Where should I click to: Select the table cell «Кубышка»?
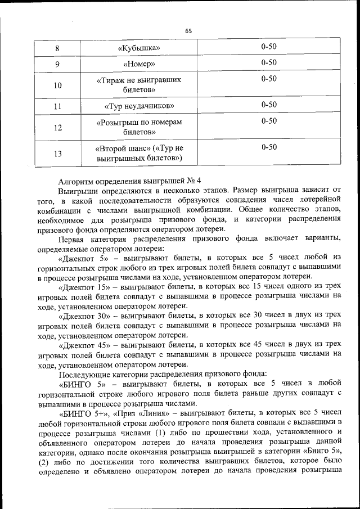[139, 47]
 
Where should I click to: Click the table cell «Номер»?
[139, 64]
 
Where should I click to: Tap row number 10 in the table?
[58, 85]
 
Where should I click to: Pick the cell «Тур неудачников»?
[139, 106]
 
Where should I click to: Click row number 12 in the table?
[58, 127]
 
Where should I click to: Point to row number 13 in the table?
[58, 153]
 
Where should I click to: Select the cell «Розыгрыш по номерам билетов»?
[139, 127]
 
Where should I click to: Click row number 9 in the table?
[58, 64]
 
